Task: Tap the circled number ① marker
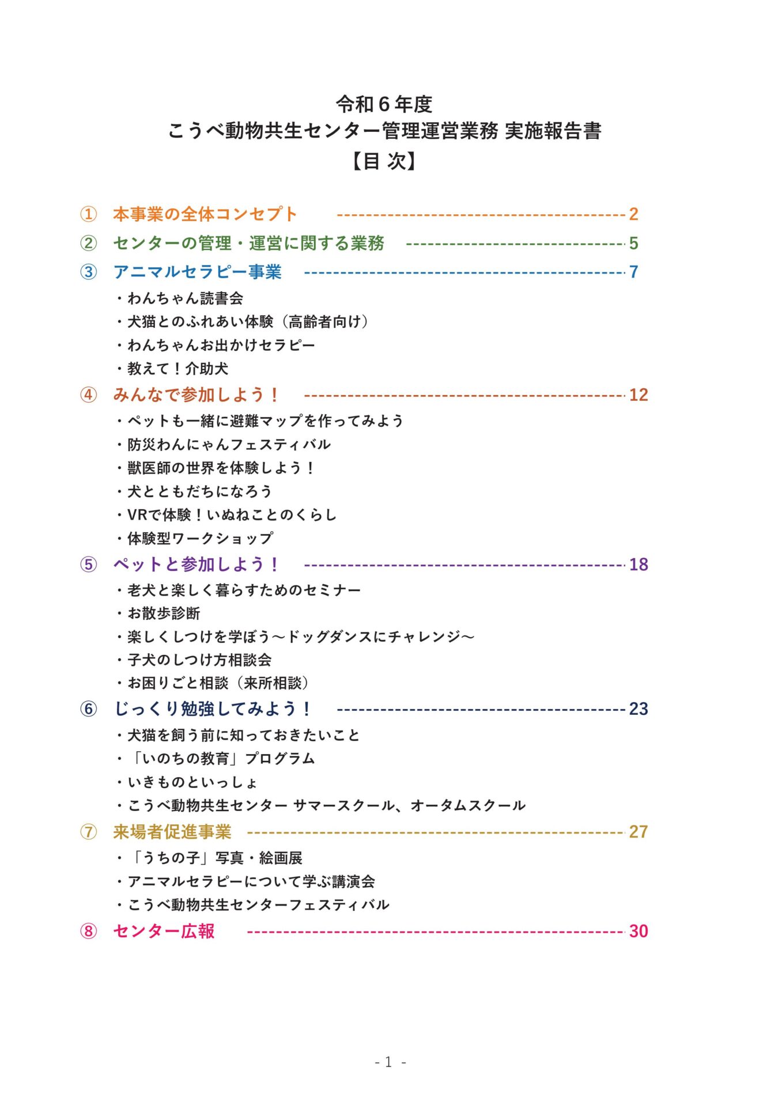coord(88,214)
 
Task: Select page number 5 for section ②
coord(633,243)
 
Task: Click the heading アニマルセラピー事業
coord(197,272)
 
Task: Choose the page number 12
coord(639,395)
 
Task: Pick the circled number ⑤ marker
coord(88,565)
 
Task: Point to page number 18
coord(639,565)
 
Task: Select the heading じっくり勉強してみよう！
coord(213,709)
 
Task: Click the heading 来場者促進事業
coord(172,832)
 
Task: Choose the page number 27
coord(639,832)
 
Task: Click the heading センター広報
coord(164,931)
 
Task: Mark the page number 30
coord(639,931)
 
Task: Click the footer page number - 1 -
coord(390,1062)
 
